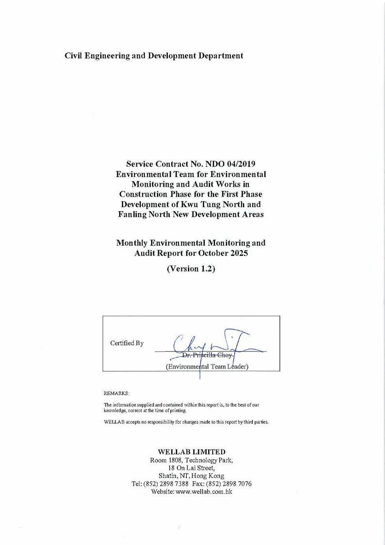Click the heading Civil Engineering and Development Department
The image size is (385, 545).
pyautogui.click(x=154, y=56)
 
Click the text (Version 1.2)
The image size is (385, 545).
pyautogui.click(x=191, y=268)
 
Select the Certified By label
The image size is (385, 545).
pyautogui.click(x=127, y=343)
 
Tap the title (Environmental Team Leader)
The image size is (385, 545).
pyautogui.click(x=207, y=366)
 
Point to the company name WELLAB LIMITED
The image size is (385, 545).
pyautogui.click(x=192, y=452)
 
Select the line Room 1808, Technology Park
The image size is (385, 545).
pyautogui.click(x=192, y=460)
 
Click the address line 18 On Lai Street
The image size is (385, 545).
pyautogui.click(x=192, y=468)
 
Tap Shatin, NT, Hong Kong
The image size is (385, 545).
pyautogui.click(x=192, y=476)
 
